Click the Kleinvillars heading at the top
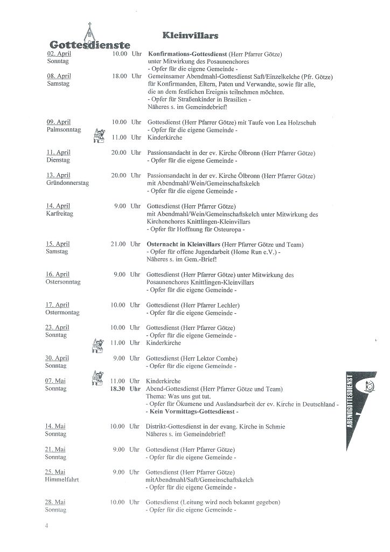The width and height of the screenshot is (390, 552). [190, 36]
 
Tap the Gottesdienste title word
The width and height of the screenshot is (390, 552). [89, 44]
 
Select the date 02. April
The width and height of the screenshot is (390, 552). [59, 54]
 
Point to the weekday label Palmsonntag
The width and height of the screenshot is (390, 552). [64, 130]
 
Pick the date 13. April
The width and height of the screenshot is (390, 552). [59, 176]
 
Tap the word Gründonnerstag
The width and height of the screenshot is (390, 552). [68, 183]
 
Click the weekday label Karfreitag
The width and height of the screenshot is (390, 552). [59, 213]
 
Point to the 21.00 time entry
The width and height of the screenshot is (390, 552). [119, 244]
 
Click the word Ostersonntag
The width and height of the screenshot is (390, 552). [64, 282]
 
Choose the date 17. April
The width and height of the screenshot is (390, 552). [58, 305]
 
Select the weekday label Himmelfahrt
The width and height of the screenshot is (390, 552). [62, 479]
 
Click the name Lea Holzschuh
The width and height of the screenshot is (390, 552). [296, 122]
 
